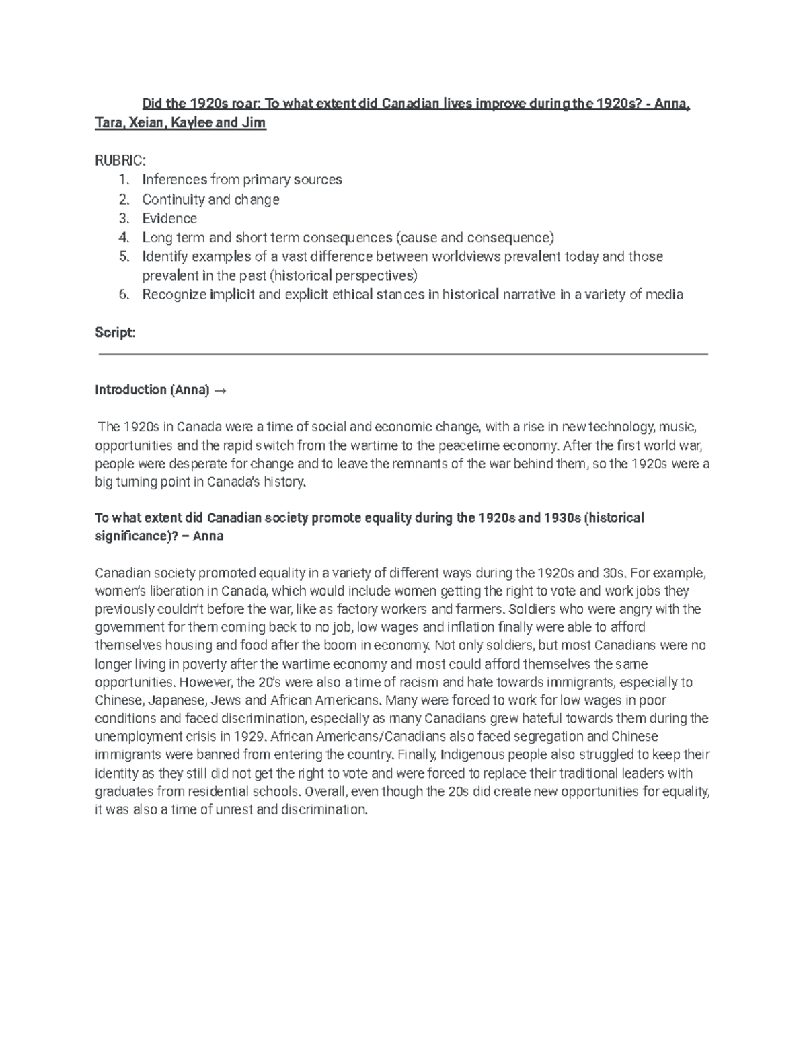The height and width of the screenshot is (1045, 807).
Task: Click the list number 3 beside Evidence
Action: point(122,218)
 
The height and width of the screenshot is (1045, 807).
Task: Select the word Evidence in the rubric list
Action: point(169,218)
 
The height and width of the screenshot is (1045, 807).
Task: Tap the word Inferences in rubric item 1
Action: point(174,180)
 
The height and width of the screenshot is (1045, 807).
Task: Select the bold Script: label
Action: point(115,332)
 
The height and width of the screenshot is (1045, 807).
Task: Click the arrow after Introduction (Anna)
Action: point(220,390)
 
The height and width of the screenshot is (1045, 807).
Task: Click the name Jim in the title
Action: point(254,123)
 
